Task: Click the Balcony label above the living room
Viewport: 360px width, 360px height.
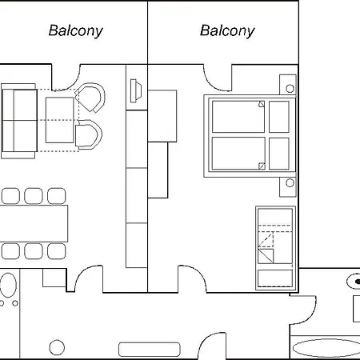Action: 76,31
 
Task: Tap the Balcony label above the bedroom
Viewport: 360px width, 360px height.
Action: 227,31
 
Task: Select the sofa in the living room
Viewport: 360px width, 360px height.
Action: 18,121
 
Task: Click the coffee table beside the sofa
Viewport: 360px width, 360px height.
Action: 59,120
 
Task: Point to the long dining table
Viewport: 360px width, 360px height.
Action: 34,223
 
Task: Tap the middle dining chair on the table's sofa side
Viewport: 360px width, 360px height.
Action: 34,196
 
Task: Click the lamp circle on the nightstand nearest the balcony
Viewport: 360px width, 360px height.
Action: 290,88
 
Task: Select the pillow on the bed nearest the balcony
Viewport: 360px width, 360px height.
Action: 279,117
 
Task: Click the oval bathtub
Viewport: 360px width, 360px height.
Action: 326,348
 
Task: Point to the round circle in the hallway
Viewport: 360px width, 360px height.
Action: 57,347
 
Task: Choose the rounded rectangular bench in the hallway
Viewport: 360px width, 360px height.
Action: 150,350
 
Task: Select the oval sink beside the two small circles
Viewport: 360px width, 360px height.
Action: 8,285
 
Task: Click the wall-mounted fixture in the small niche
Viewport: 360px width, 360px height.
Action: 136,90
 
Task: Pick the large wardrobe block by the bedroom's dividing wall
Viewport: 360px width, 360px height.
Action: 162,116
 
